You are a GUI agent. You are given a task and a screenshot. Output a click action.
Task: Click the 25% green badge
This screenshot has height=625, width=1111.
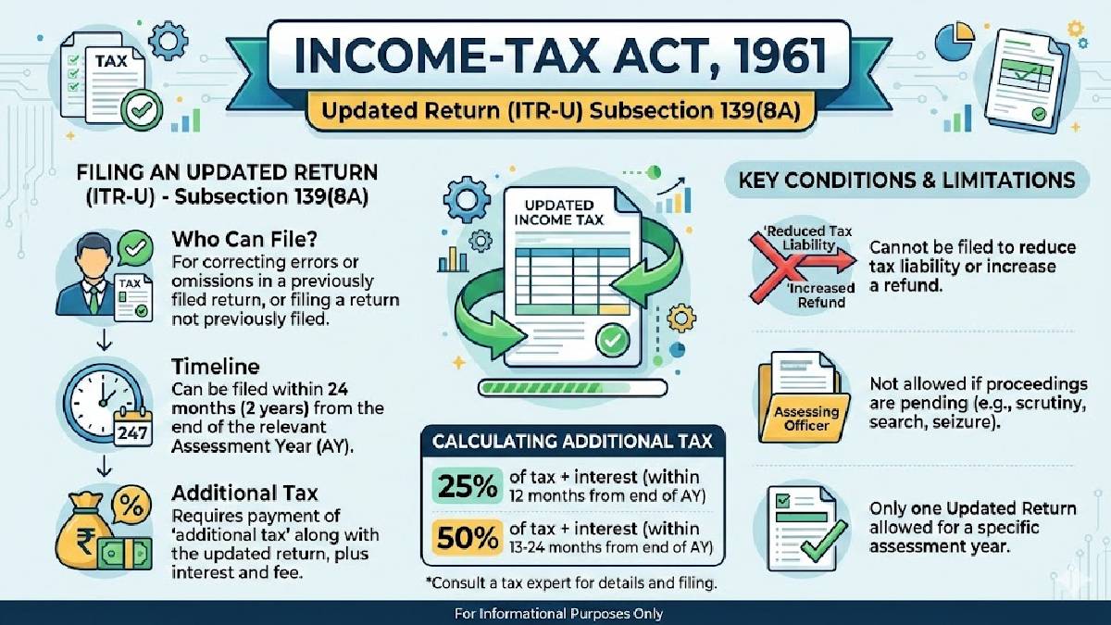pyautogui.click(x=465, y=487)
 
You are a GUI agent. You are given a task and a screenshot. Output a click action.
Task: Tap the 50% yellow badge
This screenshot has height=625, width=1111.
pyautogui.click(x=465, y=538)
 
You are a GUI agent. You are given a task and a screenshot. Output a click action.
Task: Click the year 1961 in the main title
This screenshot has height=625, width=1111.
pyautogui.click(x=761, y=55)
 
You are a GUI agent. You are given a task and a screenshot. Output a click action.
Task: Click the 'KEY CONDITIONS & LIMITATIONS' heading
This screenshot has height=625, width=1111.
pyautogui.click(x=906, y=180)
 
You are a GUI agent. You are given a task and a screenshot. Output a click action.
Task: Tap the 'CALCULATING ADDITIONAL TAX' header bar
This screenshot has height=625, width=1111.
pyautogui.click(x=572, y=442)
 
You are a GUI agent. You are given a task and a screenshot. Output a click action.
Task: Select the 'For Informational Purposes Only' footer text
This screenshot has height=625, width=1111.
pyautogui.click(x=557, y=614)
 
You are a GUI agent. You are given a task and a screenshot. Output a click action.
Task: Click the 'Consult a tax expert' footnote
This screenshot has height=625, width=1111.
pyautogui.click(x=570, y=584)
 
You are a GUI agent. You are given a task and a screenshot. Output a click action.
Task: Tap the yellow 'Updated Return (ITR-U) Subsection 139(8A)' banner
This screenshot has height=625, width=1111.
pyautogui.click(x=555, y=113)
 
